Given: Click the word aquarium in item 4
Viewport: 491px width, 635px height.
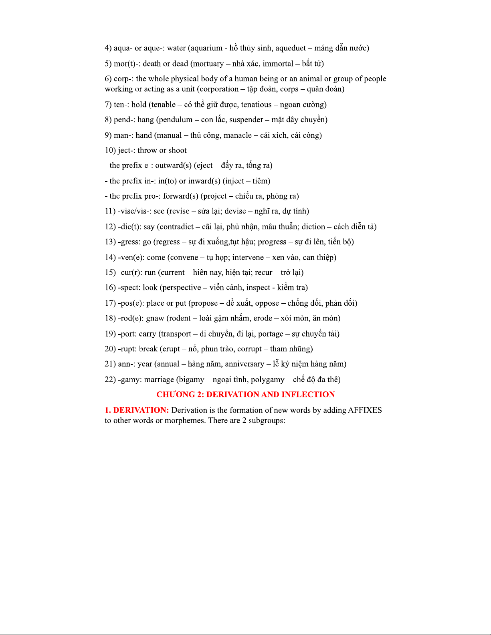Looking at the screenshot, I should coord(206,48).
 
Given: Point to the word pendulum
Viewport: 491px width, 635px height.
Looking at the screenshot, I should coord(176,120).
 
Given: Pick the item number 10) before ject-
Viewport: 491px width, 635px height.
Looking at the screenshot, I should coord(110,151).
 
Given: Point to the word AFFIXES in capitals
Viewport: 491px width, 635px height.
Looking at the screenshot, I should coord(365,410).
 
